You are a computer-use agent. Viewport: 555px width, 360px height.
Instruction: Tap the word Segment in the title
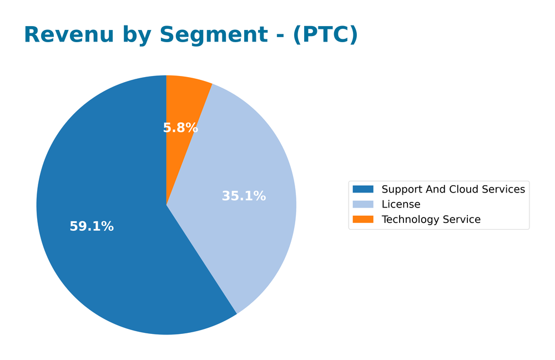(x=220, y=35)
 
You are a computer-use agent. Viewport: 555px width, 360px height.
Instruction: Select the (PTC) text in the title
(x=325, y=35)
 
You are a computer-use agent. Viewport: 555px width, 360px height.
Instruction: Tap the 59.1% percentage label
(x=92, y=226)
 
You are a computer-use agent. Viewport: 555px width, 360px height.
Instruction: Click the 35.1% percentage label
(x=244, y=196)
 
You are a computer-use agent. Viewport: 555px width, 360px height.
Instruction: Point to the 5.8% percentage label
(x=180, y=128)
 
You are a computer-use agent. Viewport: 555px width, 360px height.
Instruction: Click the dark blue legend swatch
(x=363, y=190)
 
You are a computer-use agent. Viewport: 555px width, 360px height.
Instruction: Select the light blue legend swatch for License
(x=363, y=205)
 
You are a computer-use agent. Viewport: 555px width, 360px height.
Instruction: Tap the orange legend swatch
(x=363, y=220)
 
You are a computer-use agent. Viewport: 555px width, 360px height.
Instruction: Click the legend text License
(x=401, y=205)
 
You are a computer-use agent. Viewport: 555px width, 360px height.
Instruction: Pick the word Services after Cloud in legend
(x=504, y=190)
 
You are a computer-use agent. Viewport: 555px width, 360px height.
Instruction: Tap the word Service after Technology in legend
(x=461, y=220)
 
